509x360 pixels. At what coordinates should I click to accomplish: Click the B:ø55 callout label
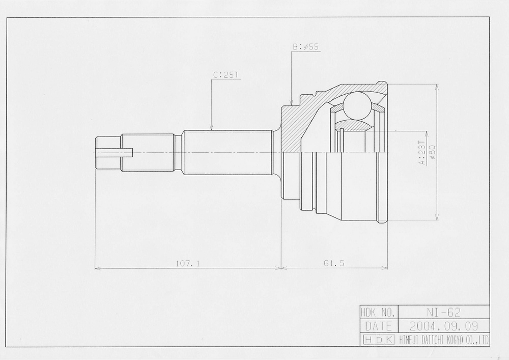306,47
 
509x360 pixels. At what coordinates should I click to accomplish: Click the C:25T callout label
226,75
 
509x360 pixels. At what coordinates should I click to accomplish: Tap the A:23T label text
421,153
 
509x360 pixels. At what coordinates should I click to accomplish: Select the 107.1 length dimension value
188,263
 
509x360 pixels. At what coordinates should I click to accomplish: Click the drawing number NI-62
443,312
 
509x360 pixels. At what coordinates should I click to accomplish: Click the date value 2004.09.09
444,326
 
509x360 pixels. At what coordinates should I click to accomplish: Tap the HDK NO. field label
378,313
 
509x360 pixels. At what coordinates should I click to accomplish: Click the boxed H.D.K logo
379,340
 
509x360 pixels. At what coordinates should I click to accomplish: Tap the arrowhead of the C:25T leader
211,128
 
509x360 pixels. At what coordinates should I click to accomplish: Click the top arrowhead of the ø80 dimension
437,88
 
